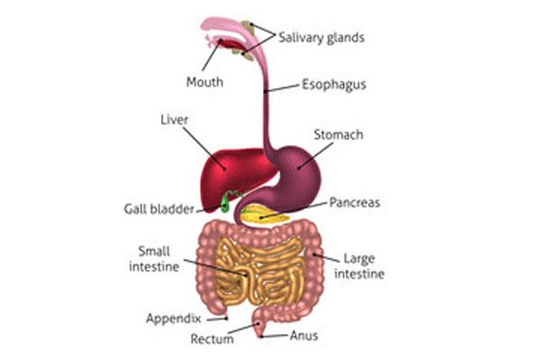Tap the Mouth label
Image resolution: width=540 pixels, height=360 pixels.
(x=204, y=82)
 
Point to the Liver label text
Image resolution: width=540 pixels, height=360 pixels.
(x=173, y=118)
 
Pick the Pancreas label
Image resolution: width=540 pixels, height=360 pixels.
(x=355, y=202)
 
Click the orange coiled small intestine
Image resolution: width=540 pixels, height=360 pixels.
(x=256, y=270)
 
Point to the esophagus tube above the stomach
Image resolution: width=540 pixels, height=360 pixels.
(x=265, y=117)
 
